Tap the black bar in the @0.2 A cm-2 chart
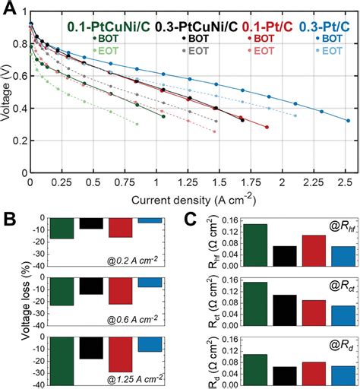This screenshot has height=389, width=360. point(91,223)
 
